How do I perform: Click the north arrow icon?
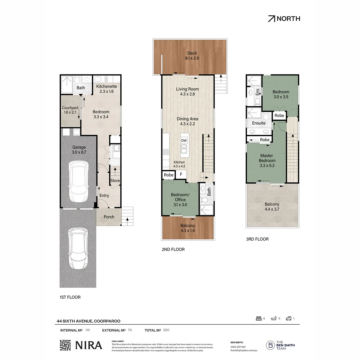[x=272, y=19]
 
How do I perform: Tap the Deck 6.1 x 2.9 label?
[x=192, y=56]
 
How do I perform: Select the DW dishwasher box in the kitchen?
[x=184, y=141]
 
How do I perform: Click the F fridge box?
[x=181, y=174]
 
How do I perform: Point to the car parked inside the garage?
[x=79, y=180]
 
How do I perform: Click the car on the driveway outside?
[x=79, y=249]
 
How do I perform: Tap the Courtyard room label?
[x=70, y=110]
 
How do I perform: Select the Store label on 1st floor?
[x=115, y=181]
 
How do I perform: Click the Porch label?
[x=109, y=217]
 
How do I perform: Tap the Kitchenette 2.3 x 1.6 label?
[x=107, y=89]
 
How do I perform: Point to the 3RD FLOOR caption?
[x=257, y=239]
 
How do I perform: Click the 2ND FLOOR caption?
[x=173, y=249]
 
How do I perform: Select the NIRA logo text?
[x=89, y=345]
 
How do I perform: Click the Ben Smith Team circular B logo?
[x=270, y=345]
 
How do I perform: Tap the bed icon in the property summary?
[x=258, y=319]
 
